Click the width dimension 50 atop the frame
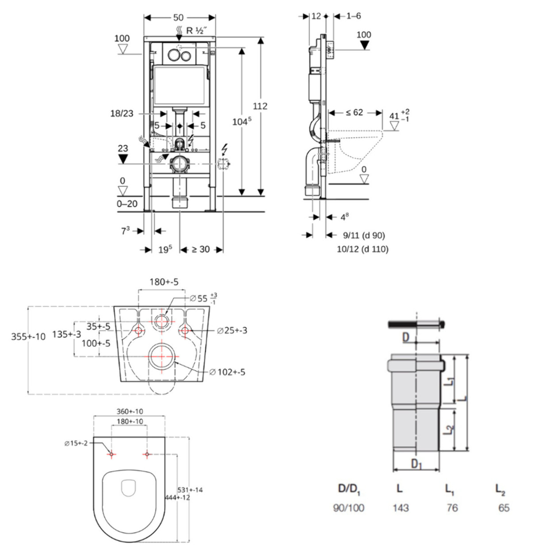(178, 18)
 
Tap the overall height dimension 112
(260, 106)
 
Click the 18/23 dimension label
(122, 114)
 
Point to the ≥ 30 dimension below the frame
(200, 250)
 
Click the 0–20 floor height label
(127, 204)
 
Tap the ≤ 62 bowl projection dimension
(355, 113)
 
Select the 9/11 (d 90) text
(364, 235)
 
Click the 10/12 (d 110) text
(362, 249)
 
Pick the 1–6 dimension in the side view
(353, 16)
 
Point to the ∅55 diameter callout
(199, 298)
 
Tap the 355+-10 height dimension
(28, 337)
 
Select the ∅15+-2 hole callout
(76, 443)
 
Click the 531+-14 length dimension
(190, 490)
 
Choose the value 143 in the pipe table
(401, 508)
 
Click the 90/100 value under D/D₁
(349, 508)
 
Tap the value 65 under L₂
(504, 508)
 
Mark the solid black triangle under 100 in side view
(364, 45)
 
